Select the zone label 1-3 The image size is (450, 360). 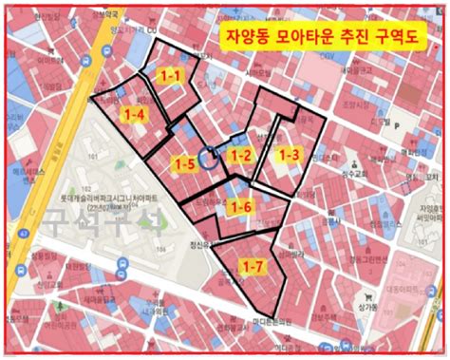pos(288,153)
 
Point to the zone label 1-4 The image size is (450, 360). pos(135,114)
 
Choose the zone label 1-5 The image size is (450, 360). pos(185,164)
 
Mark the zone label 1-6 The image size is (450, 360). pos(243,208)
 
